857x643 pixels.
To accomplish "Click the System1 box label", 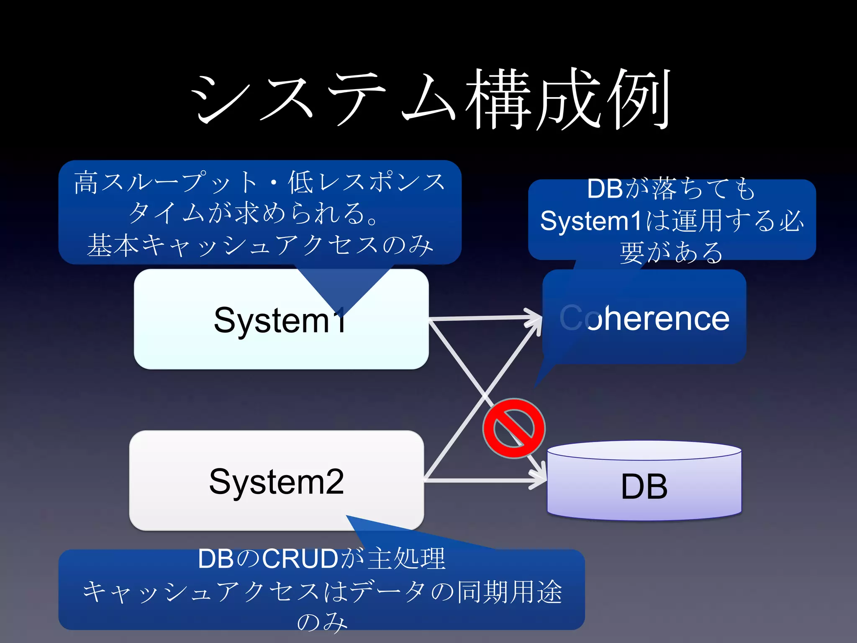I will click(x=280, y=320).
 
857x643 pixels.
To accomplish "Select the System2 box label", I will click(x=276, y=481).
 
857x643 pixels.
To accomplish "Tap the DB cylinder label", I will click(x=644, y=486).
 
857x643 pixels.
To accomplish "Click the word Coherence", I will click(x=644, y=318).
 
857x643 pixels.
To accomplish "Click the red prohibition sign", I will click(x=514, y=428).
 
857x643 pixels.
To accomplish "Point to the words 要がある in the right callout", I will click(x=671, y=252).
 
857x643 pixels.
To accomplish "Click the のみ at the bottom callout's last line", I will click(x=322, y=622).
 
